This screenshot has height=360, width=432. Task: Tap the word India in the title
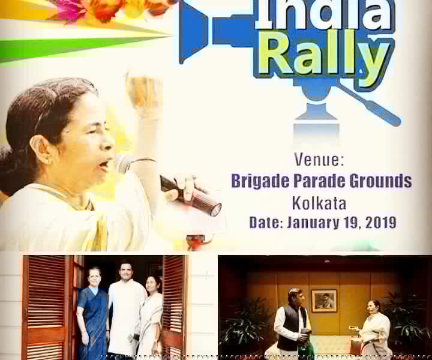tap(325, 13)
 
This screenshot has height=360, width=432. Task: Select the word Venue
tap(319, 160)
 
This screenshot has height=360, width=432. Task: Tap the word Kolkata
tap(319, 203)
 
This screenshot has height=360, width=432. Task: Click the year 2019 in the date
tap(381, 222)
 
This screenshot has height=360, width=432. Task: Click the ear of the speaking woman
tap(41, 150)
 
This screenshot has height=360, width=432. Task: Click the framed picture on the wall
tap(324, 301)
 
